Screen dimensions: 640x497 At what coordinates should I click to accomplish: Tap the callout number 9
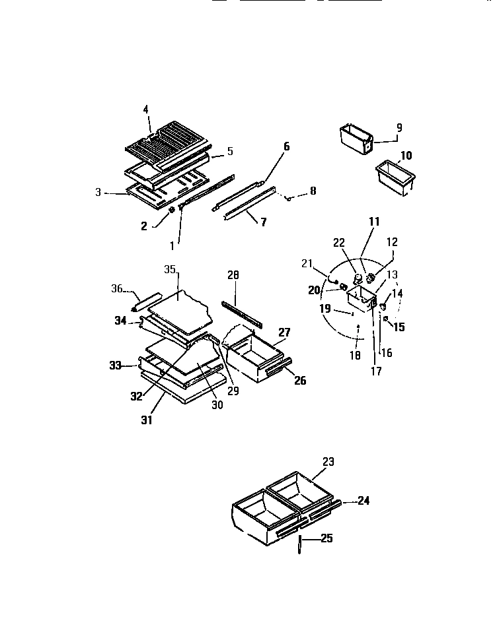tap(399, 127)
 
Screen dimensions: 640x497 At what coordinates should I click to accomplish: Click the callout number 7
tap(263, 222)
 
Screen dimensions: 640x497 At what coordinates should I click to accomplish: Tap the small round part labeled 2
tap(172, 210)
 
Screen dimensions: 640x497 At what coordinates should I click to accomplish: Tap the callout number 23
tap(328, 462)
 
